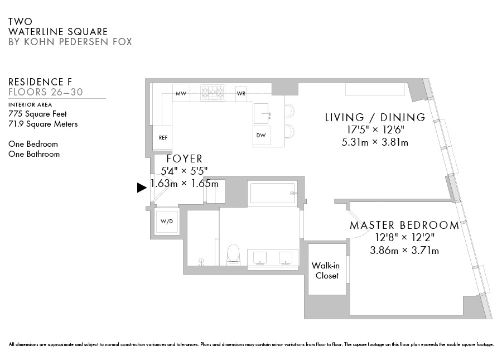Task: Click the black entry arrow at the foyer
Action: click(142, 188)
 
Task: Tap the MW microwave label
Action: click(181, 94)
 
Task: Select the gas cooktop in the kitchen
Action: click(213, 93)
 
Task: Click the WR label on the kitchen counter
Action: click(241, 94)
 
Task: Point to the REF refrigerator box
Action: click(162, 138)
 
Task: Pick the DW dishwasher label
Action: click(261, 135)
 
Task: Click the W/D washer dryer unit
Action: click(166, 222)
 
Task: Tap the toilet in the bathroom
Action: click(233, 255)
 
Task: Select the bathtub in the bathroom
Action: click(272, 193)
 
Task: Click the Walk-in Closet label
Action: click(326, 270)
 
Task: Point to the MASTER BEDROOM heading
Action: click(404, 225)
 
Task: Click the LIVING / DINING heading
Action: click(375, 117)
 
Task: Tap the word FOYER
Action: click(185, 159)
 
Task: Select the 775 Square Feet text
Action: click(37, 114)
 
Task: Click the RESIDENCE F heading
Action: click(40, 82)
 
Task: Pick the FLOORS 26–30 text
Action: click(46, 92)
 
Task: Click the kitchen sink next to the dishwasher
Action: click(261, 114)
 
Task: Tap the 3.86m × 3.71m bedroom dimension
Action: click(404, 250)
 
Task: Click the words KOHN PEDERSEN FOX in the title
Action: click(78, 42)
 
